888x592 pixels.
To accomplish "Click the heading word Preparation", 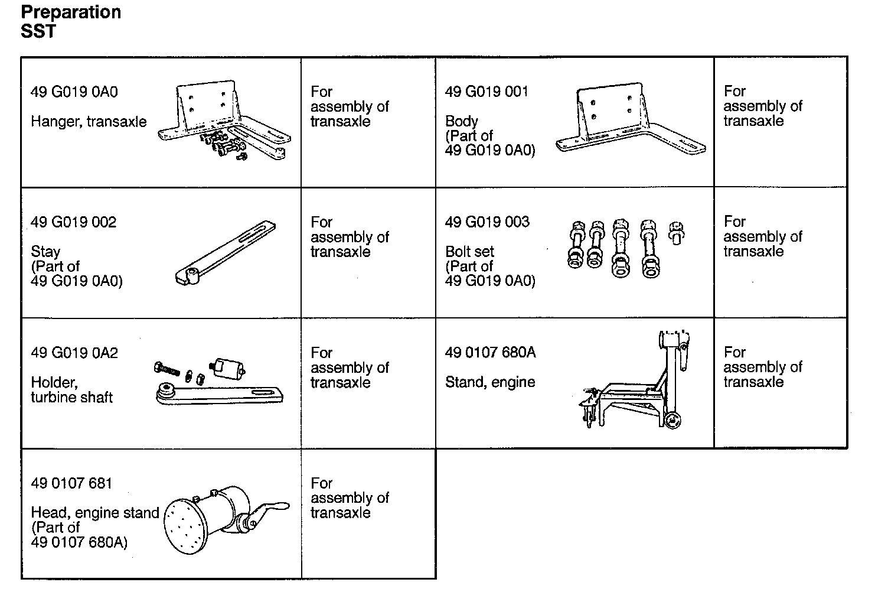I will coord(70,12).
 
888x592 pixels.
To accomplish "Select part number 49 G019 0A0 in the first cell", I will coord(74,92).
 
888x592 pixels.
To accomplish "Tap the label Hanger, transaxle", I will coord(89,122).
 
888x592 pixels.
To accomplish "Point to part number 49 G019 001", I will coord(487,92).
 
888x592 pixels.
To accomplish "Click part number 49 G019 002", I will coord(74,223).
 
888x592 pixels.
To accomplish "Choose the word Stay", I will coord(45,252).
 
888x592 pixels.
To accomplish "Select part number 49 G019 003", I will coord(487,222).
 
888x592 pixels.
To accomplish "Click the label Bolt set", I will coord(469,252).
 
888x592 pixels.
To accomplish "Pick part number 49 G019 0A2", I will coord(74,353).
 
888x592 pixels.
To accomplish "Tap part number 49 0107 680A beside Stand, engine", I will coord(490,353).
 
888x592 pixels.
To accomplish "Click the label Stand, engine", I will coord(490,382).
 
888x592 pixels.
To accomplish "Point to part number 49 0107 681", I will coord(71,483).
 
